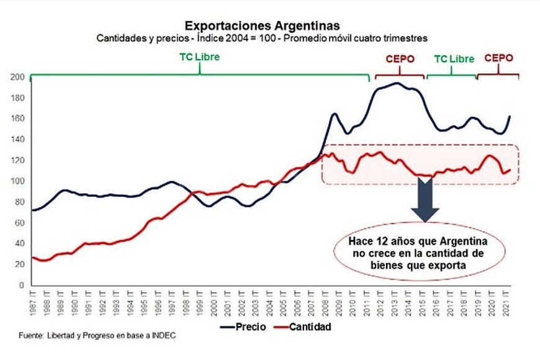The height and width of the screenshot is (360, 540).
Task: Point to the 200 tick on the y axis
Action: pyautogui.click(x=18, y=78)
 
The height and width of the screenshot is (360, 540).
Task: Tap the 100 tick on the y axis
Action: pyautogui.click(x=18, y=181)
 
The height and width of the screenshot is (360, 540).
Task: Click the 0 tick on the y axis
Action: pyautogui.click(x=22, y=286)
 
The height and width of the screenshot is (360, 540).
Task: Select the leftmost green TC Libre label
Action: pyautogui.click(x=199, y=58)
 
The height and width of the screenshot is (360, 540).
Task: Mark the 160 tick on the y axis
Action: pyautogui.click(x=18, y=119)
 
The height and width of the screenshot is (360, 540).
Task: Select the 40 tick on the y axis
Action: pyautogui.click(x=20, y=244)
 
